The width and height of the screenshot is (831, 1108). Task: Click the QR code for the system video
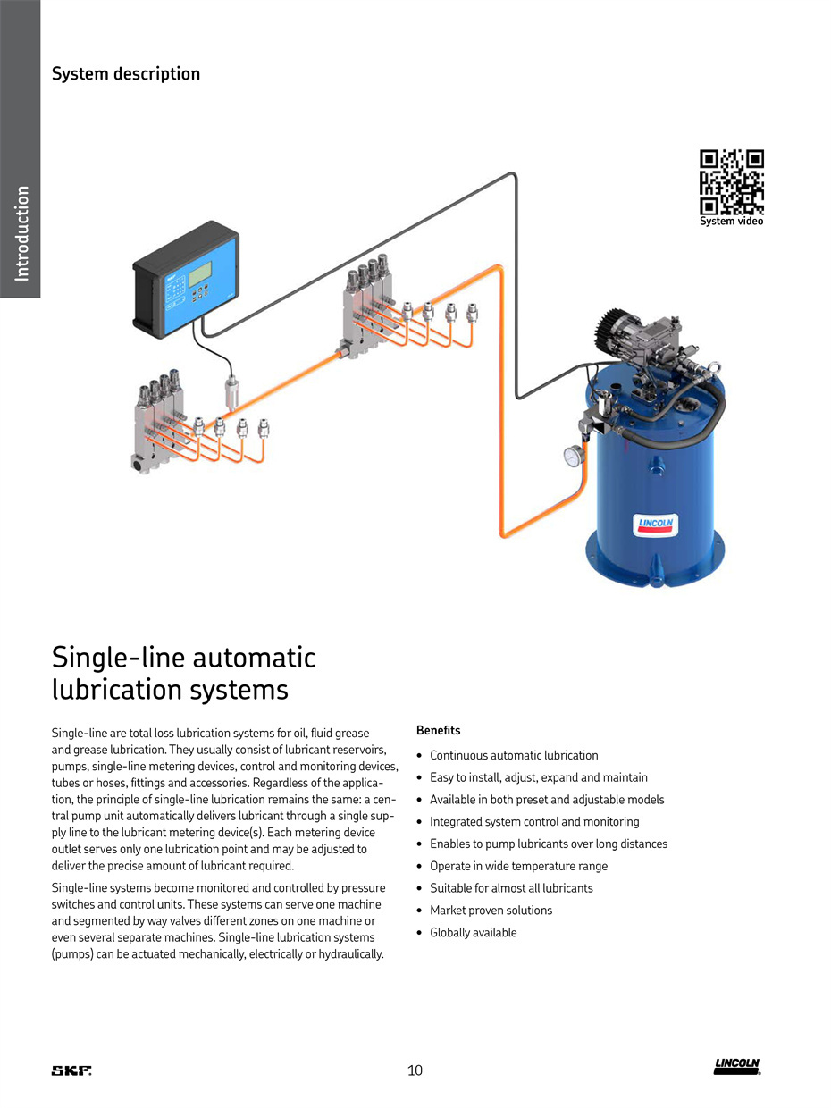[731, 181]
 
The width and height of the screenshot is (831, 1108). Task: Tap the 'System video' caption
[731, 221]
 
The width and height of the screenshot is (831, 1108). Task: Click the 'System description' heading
[126, 73]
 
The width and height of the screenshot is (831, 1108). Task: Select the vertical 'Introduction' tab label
[21, 233]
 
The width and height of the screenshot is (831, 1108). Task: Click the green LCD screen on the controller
[200, 273]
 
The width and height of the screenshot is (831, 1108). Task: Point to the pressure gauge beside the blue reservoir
[574, 456]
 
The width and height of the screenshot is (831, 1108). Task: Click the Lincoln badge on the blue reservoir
[655, 525]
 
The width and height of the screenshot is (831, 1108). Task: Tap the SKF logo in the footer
[71, 1070]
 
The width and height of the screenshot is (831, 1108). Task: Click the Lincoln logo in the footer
[736, 1067]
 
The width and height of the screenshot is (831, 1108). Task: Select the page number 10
[415, 1070]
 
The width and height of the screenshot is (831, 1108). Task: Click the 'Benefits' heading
[438, 730]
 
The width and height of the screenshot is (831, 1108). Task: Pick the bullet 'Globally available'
[474, 932]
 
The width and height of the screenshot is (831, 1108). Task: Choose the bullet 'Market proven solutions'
[491, 911]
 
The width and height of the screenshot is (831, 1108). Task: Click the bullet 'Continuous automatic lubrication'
[514, 755]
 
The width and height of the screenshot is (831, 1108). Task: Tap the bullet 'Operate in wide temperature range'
[518, 866]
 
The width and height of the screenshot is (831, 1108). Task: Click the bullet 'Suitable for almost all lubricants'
[511, 888]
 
